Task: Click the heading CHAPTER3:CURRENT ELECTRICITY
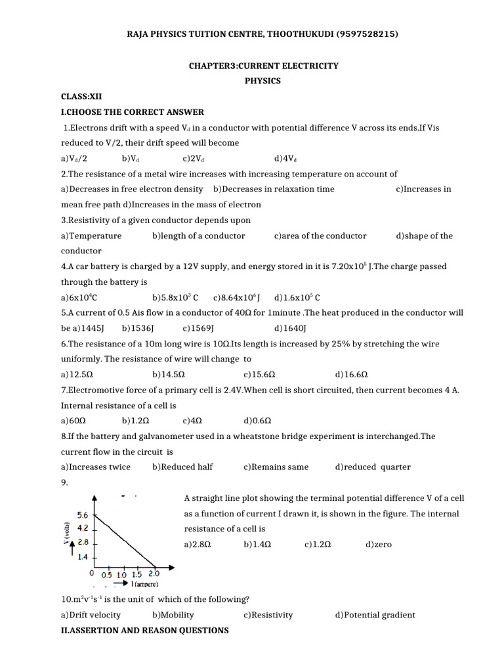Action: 264,66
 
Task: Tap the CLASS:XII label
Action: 77,96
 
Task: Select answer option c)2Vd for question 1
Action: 194,158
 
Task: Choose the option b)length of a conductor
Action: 198,236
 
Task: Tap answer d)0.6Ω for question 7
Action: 257,421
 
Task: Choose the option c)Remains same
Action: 276,467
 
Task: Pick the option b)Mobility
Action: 173,615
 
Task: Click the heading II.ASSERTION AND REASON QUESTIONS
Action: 145,631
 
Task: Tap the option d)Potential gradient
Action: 375,615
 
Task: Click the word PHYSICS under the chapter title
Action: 262,81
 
